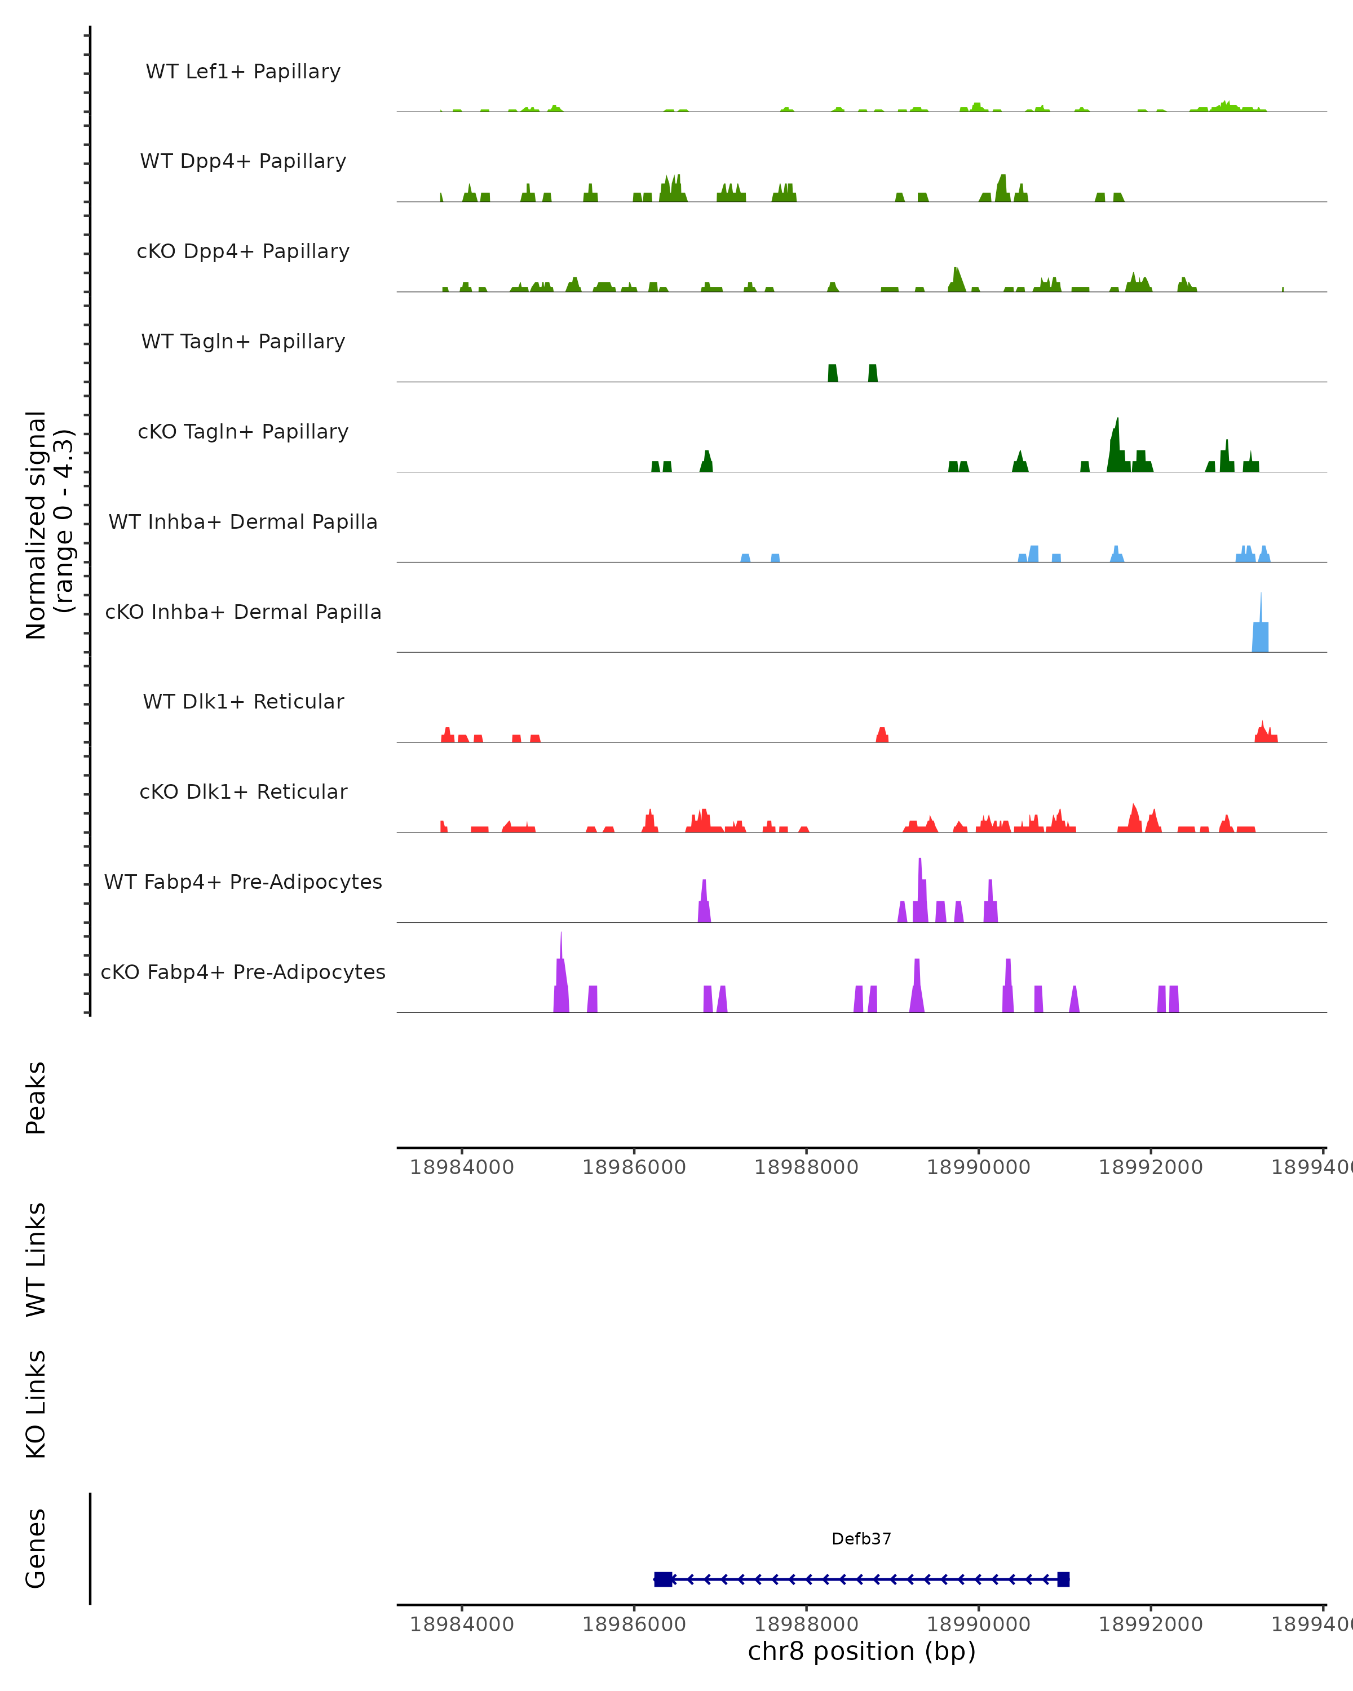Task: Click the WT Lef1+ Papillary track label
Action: [243, 72]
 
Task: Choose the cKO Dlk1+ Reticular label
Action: [243, 791]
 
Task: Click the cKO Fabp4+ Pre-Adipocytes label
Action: [243, 972]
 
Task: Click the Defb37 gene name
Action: [861, 1539]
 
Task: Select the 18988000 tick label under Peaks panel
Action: [806, 1167]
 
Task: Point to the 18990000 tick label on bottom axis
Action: [978, 1624]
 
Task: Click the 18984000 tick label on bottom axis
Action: [462, 1624]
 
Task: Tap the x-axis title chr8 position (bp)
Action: [861, 1652]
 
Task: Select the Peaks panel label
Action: [36, 1097]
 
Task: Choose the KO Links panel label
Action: [36, 1404]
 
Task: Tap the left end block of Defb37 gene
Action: [663, 1579]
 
